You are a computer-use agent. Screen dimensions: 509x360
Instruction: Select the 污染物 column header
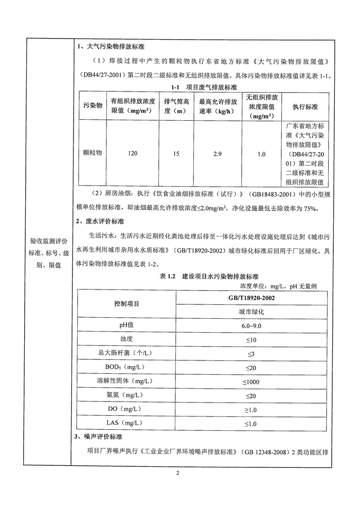93,106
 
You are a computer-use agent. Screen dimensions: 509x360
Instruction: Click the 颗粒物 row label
93,153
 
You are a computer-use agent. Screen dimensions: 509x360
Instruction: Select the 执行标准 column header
305,106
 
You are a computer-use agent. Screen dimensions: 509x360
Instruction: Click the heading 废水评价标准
100,222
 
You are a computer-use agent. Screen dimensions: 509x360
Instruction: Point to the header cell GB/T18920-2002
251,298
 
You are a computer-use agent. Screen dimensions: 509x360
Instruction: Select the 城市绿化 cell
251,312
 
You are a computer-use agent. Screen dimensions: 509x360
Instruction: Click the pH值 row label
127,326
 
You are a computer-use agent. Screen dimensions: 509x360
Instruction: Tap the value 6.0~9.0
251,326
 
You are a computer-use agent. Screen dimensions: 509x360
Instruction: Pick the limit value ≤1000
251,381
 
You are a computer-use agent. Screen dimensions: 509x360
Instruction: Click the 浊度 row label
127,340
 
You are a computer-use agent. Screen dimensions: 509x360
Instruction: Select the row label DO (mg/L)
127,409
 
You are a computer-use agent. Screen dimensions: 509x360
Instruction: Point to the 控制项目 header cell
127,304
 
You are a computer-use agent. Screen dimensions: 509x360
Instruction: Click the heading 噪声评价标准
100,437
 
